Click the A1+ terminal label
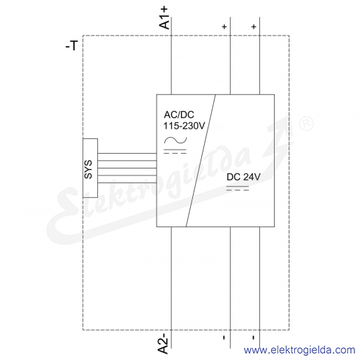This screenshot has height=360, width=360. click(164, 17)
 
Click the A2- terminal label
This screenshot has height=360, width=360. click(164, 343)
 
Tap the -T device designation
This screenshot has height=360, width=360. click(71, 45)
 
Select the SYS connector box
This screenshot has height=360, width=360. click(90, 168)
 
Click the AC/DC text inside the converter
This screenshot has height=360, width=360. click(179, 115)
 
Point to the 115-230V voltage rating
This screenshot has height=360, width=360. click(184, 126)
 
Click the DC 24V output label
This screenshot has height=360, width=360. click(243, 177)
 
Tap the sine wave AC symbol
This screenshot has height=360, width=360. click(175, 141)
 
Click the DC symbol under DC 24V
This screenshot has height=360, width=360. click(238, 188)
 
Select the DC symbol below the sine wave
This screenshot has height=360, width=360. click(175, 151)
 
